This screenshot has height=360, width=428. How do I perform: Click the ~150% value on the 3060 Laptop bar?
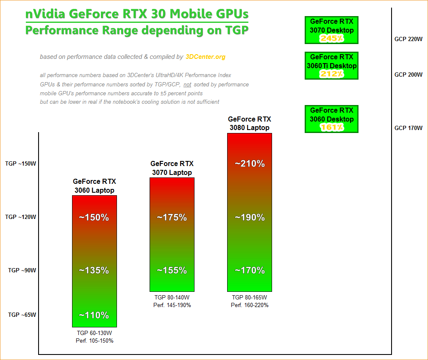pos(94,218)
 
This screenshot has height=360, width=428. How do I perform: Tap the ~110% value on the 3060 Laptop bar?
pos(94,315)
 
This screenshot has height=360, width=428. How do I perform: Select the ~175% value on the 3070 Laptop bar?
pos(172,218)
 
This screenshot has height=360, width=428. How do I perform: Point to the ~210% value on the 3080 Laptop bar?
pos(250,163)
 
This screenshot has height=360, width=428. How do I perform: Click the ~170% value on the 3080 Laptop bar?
pos(250,270)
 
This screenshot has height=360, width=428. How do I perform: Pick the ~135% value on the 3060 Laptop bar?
pos(94,270)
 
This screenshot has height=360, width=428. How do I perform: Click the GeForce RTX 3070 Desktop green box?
pos(331,30)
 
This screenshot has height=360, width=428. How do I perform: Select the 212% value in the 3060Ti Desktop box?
pos(331,74)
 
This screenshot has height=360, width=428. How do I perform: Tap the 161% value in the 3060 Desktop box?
pos(331,127)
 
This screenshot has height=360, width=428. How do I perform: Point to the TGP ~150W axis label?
pos(21,163)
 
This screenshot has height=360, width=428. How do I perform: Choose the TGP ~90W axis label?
pos(22,270)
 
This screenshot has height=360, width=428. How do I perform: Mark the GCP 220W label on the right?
pos(409,39)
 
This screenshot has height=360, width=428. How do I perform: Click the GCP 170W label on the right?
pos(409,128)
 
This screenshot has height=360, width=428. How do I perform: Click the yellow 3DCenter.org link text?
pos(206,57)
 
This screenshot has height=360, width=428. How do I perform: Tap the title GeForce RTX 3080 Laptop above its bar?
pos(250,123)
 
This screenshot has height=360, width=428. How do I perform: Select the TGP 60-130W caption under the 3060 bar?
pos(94,333)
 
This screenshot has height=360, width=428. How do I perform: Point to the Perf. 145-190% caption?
pos(172,305)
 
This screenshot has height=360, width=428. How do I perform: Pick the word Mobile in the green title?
pos(192,14)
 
